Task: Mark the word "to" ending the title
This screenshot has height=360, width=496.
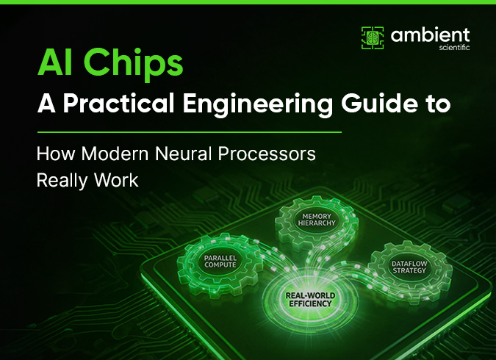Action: point(435,104)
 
